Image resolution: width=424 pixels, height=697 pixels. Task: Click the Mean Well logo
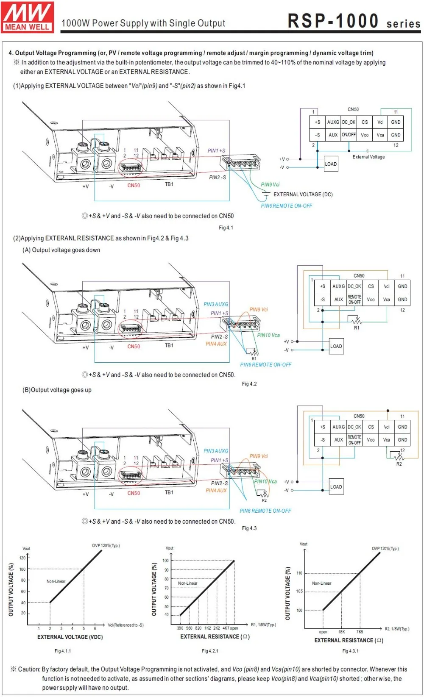pos(28,17)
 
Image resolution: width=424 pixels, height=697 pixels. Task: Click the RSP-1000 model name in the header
pos(333,21)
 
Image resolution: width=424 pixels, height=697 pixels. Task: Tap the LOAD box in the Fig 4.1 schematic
pos(331,164)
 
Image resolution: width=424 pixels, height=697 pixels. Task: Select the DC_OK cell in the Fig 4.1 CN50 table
pos(349,122)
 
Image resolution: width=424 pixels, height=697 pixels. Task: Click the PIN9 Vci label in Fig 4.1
pos(270,185)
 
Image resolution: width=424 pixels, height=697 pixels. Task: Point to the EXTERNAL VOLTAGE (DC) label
pos(303,194)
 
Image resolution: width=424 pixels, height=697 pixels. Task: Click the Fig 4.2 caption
pos(249,384)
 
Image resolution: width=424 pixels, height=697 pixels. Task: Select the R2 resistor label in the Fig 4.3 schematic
pos(399,464)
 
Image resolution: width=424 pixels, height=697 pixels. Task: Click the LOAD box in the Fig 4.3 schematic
pos(336,487)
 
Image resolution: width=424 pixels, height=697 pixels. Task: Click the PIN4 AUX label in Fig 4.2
pos(216,344)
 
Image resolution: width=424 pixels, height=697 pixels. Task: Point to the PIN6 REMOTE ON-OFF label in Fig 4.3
pos(265,511)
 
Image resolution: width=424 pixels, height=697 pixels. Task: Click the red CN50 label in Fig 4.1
pos(134,186)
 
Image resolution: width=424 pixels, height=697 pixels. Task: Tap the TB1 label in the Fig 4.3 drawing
pos(169,492)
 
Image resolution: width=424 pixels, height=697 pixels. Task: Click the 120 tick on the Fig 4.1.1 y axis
pos(22,558)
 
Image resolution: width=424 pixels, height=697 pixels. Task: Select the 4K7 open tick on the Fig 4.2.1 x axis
pos(230,628)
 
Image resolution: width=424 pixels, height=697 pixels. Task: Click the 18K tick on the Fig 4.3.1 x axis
pos(341,632)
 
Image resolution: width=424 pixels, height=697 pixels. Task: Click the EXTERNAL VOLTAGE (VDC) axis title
pos(70,637)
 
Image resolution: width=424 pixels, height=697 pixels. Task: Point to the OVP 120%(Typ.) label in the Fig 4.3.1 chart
pos(385,549)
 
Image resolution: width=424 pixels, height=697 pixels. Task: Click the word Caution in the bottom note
pos(29,669)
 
